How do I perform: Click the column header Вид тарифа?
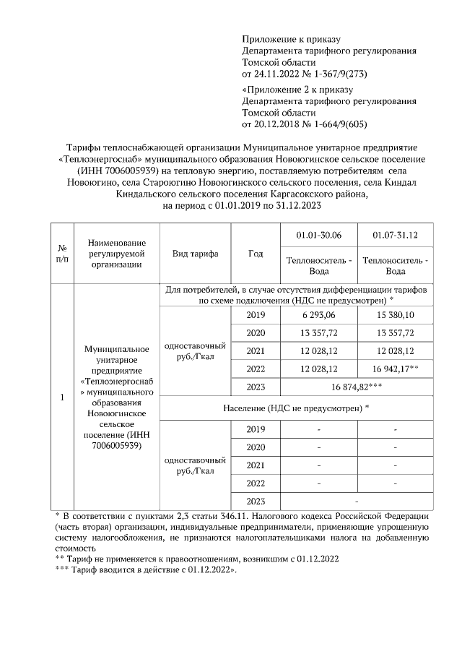coord(195,254)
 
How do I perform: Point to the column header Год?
coord(256,254)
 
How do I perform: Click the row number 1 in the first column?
coord(62,397)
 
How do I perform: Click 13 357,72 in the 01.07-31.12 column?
coord(395,332)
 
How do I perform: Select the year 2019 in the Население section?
coord(256,429)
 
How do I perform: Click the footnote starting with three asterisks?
coord(146,569)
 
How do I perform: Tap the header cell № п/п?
coord(62,254)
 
